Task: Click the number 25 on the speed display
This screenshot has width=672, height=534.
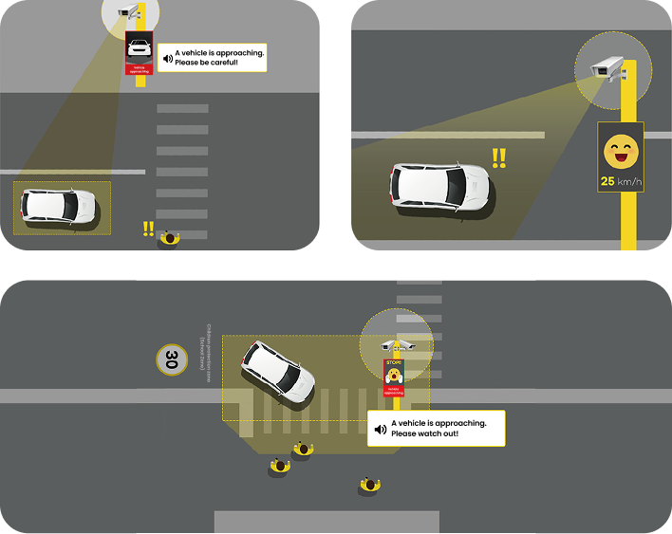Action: pyautogui.click(x=607, y=180)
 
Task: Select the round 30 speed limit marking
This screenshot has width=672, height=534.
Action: pyautogui.click(x=171, y=359)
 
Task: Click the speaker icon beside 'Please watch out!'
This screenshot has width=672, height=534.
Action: pyautogui.click(x=381, y=429)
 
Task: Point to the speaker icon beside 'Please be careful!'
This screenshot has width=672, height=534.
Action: pyautogui.click(x=167, y=58)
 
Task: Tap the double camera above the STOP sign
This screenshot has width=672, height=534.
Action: pyautogui.click(x=396, y=344)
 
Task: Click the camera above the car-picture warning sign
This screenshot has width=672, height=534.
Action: pyautogui.click(x=126, y=12)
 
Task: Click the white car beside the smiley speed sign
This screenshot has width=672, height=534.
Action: pyautogui.click(x=440, y=187)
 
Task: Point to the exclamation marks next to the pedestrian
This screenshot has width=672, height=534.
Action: pyautogui.click(x=147, y=229)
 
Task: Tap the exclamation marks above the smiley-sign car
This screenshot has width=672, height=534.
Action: pyautogui.click(x=498, y=157)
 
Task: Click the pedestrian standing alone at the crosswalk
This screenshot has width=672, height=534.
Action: pyautogui.click(x=170, y=237)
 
